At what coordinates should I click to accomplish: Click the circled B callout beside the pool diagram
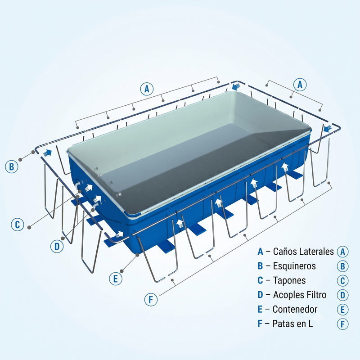pyautogui.click(x=12, y=166)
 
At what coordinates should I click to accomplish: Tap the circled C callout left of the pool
pyautogui.click(x=18, y=224)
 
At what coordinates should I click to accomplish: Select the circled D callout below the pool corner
pyautogui.click(x=57, y=246)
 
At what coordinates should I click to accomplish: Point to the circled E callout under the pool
pyautogui.click(x=116, y=279)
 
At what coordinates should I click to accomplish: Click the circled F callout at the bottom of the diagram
pyautogui.click(x=151, y=300)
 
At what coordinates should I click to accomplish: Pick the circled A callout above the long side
pyautogui.click(x=147, y=89)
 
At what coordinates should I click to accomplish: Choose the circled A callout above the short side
pyautogui.click(x=300, y=85)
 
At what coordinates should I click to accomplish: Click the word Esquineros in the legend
pyautogui.click(x=294, y=266)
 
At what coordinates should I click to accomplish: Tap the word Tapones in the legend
pyautogui.click(x=289, y=280)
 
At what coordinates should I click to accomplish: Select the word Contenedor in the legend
pyautogui.click(x=295, y=309)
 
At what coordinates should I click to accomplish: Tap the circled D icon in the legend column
pyautogui.click(x=342, y=295)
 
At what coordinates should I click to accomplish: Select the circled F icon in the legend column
pyautogui.click(x=342, y=324)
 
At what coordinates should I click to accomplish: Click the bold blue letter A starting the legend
pyautogui.click(x=260, y=252)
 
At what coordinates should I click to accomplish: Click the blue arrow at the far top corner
pyautogui.click(x=236, y=86)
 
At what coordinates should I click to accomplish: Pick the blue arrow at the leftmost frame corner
pyautogui.click(x=47, y=153)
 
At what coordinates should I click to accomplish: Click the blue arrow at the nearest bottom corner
pyautogui.click(x=119, y=234)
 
